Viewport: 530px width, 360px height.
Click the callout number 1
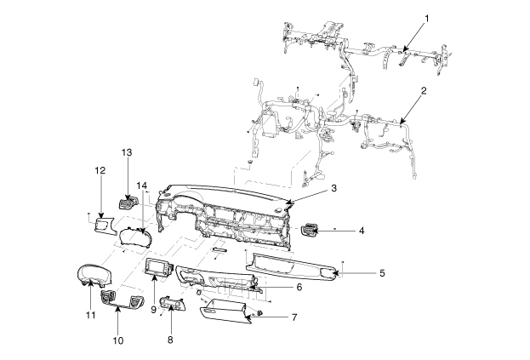tap(426, 18)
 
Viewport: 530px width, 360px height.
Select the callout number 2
tap(424, 90)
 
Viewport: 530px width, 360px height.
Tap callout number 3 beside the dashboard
tap(334, 188)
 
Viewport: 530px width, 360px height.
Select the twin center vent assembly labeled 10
tap(123, 299)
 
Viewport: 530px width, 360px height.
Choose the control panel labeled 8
tap(173, 304)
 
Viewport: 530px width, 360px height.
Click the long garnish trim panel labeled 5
tap(293, 267)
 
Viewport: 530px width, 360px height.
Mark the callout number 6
tap(299, 287)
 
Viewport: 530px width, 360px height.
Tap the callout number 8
tap(170, 340)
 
